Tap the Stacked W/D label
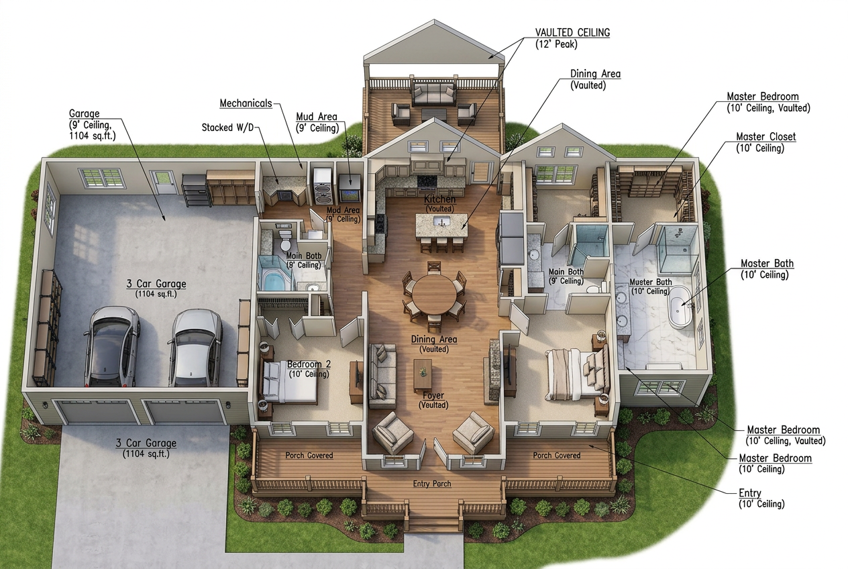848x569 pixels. point(227,127)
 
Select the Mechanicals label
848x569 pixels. point(246,103)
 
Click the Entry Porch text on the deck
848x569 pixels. point(432,484)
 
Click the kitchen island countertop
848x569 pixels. point(442,226)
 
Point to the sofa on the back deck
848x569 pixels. point(433,93)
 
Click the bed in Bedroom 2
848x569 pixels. point(290,382)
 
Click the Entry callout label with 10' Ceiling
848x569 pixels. point(761,499)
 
